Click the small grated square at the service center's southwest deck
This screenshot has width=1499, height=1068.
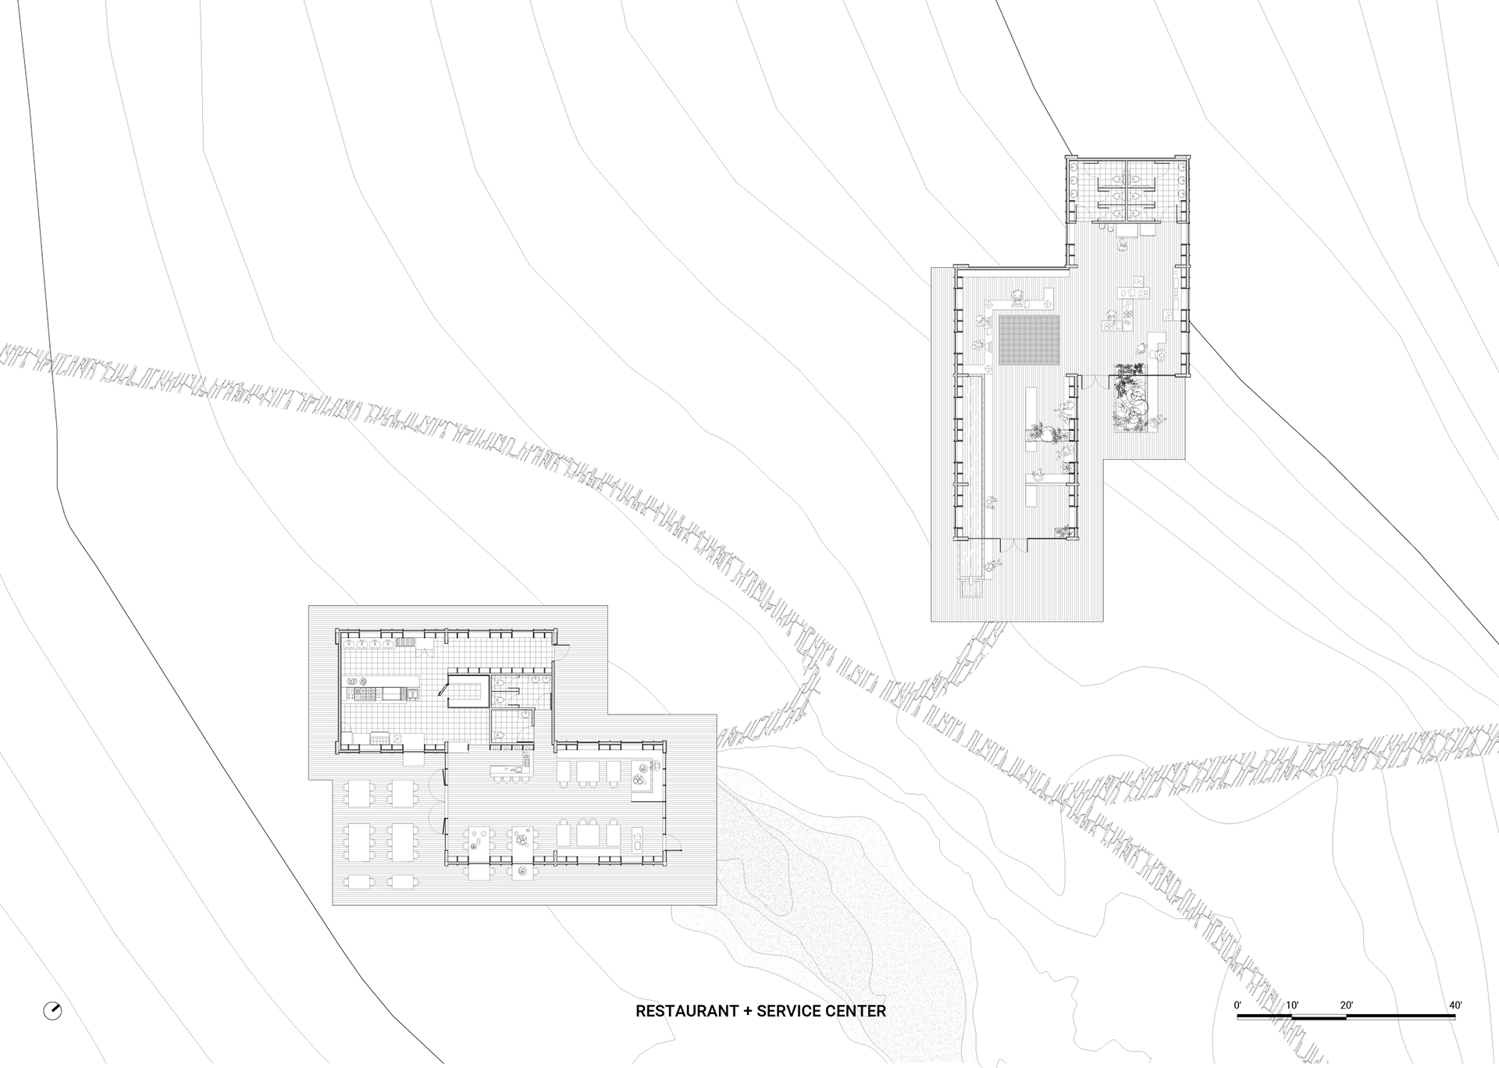(972, 588)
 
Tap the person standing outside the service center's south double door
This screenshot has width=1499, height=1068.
(993, 563)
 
